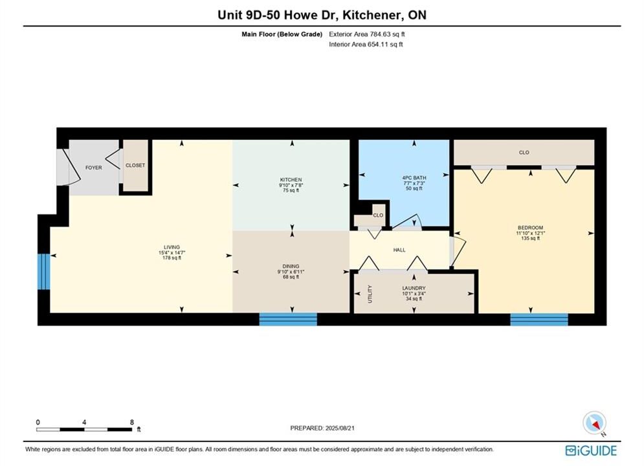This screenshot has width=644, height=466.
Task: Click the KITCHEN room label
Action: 291,180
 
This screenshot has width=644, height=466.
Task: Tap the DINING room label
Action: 291,266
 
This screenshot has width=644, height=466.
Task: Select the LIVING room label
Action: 172,247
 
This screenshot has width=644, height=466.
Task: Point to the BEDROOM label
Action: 530,228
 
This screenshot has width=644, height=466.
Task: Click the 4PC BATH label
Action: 414,178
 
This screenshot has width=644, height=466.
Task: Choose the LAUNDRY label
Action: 414,288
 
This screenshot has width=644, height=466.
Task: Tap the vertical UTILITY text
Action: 370,294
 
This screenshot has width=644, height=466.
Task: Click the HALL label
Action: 399,250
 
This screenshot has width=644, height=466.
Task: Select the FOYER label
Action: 94,168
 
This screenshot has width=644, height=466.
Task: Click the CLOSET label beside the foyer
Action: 135,165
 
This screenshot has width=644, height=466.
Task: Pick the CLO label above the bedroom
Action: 524,152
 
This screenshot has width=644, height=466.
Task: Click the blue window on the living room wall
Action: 43,271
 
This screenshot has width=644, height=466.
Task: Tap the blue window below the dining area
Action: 288,319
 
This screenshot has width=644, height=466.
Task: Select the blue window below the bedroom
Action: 539,320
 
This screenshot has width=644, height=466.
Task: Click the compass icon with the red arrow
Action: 594,423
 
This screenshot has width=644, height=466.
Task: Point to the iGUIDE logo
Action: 591,450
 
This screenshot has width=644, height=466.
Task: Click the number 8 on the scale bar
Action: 132,422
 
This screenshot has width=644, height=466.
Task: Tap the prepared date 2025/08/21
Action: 340,428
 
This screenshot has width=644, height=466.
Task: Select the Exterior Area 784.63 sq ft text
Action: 367,34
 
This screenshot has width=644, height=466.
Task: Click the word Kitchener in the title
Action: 372,15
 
